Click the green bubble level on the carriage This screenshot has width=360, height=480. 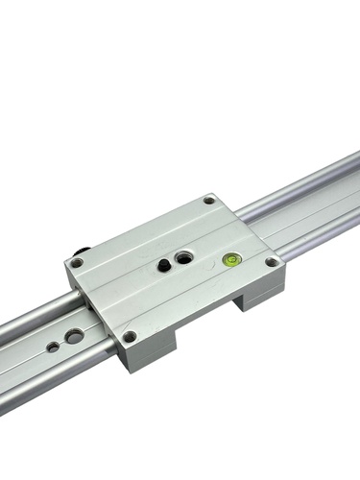click(231, 258)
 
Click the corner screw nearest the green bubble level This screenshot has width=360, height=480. click(273, 262)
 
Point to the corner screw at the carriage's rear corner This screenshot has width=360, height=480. click(209, 202)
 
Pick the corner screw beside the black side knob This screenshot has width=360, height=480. click(76, 263)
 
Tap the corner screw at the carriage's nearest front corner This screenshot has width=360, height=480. click(130, 337)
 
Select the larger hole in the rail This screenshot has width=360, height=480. click(73, 336)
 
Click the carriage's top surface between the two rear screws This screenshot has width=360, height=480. click(144, 231)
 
